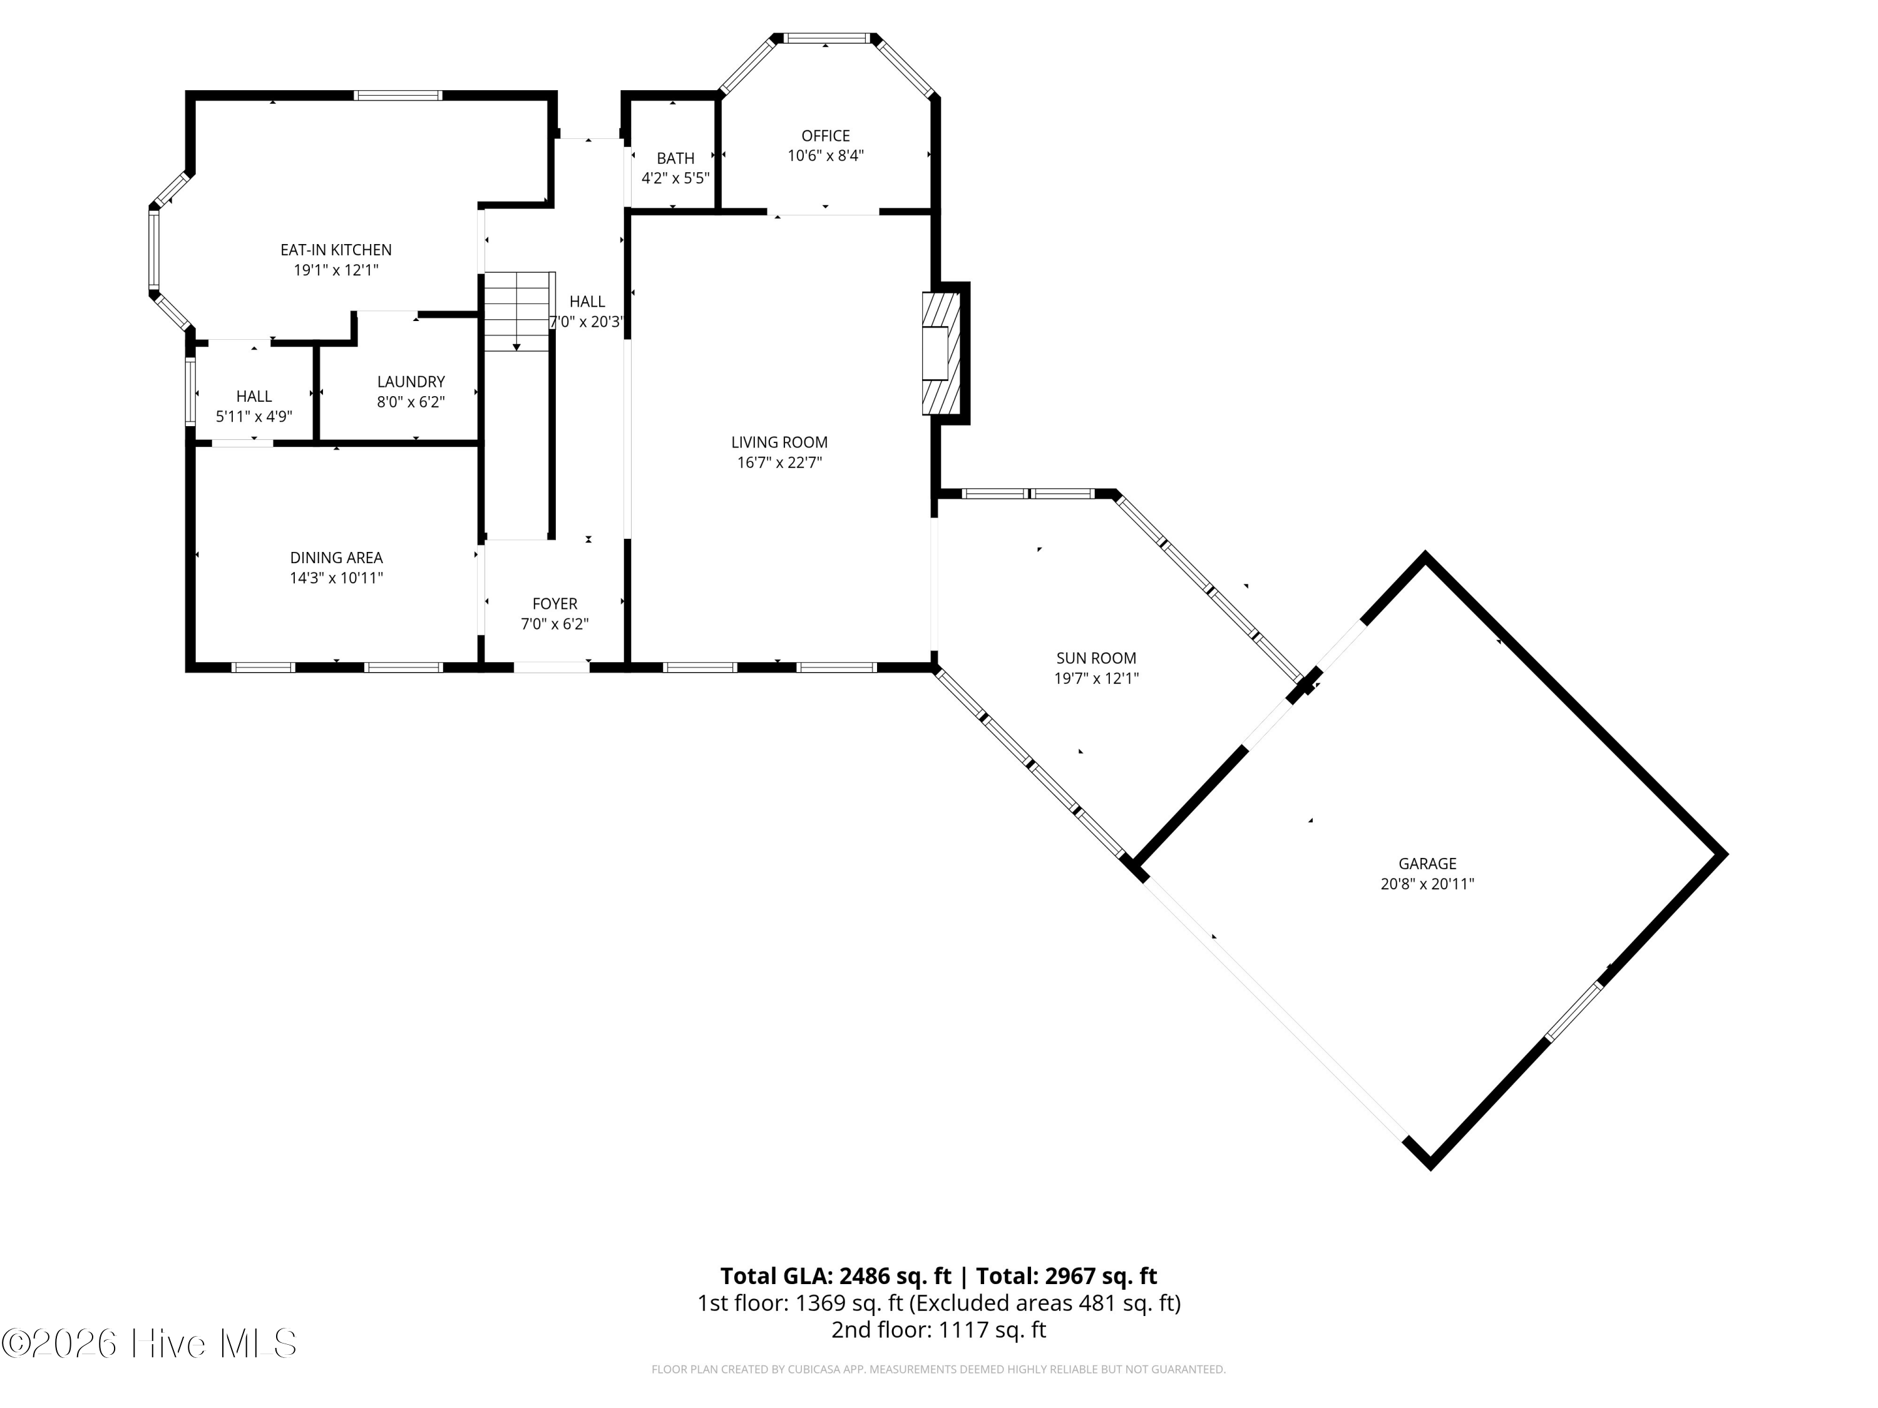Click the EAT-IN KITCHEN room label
pos(336,250)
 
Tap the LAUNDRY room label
pos(411,382)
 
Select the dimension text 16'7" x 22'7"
pos(779,462)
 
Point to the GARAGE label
pos(1427,863)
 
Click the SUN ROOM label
pos(1096,658)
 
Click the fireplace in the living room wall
pos(942,353)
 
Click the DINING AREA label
pos(336,558)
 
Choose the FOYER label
pos(555,603)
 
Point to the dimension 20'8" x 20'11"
pos(1427,884)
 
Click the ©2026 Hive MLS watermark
pos(150,1343)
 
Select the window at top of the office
pos(825,38)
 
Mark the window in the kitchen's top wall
pos(398,95)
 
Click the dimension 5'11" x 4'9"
pos(254,417)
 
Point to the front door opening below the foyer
pos(551,667)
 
